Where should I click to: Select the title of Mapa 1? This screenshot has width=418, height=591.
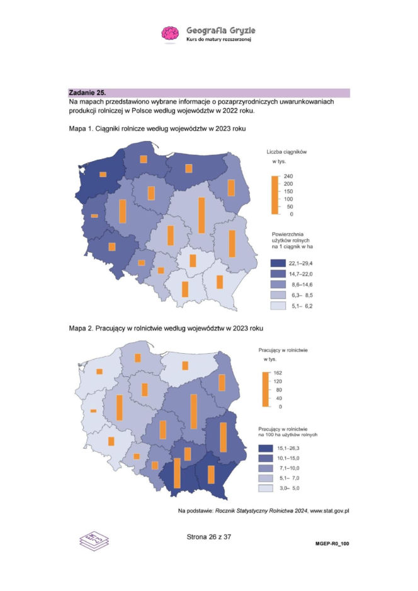tap(156, 128)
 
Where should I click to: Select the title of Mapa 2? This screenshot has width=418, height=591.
tap(166, 328)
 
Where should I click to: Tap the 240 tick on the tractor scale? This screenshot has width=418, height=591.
tap(290, 176)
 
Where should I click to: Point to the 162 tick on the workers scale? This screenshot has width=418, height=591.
tap(278, 373)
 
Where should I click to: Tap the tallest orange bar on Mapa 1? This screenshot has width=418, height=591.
tap(201, 215)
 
